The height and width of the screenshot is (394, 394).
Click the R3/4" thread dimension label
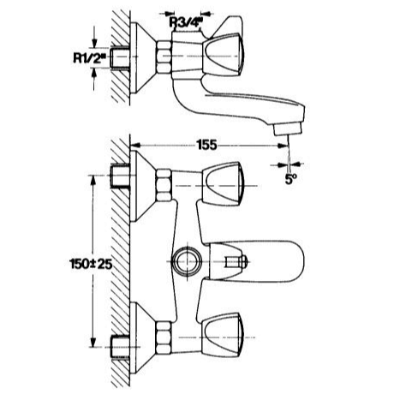pos(186,22)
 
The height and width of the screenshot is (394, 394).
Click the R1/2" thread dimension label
pos(90,57)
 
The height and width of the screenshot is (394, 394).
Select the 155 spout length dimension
pos(206,146)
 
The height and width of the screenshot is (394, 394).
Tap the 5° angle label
pos(290,179)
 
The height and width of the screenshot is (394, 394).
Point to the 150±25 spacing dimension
pos(91,264)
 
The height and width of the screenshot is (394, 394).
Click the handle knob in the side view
pos(224,56)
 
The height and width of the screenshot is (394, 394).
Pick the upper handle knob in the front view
pos(221,184)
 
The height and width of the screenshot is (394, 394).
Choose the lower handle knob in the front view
pos(221,336)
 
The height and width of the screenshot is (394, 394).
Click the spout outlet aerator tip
pos(288,128)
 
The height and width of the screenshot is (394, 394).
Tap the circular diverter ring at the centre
pos(187,261)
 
